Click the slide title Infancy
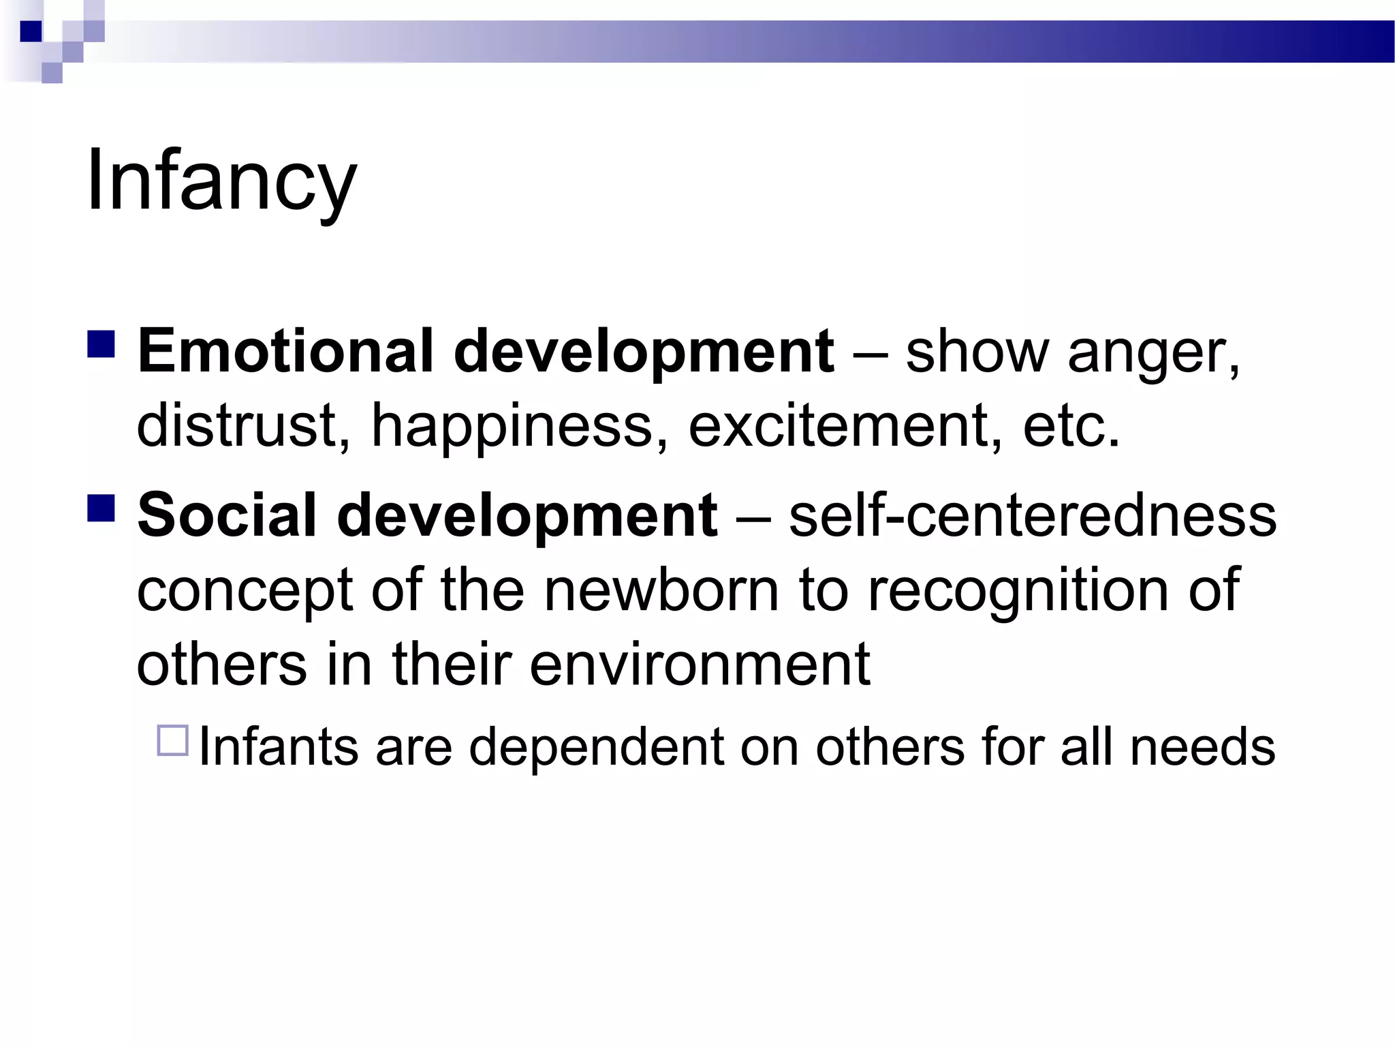pos(221,181)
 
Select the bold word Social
pos(227,515)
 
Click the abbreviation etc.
pos(1071,425)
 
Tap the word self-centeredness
pos(1032,515)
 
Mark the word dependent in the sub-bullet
pos(596,747)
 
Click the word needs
pos(1202,747)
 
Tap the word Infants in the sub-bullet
pos(279,747)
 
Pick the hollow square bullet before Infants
pos(172,741)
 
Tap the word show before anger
pos(977,352)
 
